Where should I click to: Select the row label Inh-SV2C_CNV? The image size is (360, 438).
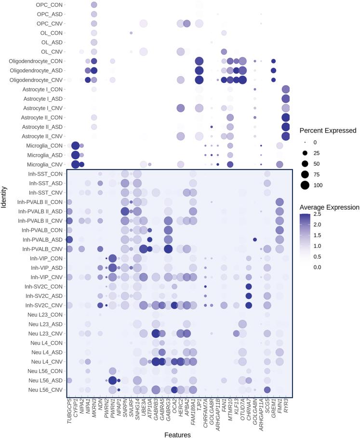click(44, 305)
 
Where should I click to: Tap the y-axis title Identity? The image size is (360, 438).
click(4, 198)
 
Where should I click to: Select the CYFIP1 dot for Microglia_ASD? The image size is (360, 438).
click(75, 155)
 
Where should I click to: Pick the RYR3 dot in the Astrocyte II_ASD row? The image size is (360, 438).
click(286, 127)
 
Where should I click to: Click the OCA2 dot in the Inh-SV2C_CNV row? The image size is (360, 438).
click(174, 305)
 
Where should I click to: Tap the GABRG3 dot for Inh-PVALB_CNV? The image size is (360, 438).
click(168, 249)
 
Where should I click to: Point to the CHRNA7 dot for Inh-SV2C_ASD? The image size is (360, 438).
click(249, 295)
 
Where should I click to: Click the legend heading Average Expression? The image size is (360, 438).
click(329, 207)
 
